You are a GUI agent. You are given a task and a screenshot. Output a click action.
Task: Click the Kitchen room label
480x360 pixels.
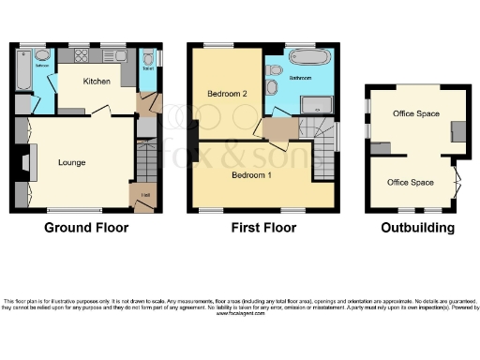tap(97, 82)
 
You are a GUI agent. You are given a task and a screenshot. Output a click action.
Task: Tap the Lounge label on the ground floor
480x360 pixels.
tap(71, 162)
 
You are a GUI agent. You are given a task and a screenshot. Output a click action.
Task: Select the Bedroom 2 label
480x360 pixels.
tap(226, 94)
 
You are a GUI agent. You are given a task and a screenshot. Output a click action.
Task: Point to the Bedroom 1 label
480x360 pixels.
tap(250, 175)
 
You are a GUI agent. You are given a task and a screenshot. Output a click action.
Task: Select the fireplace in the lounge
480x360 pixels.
tap(30, 162)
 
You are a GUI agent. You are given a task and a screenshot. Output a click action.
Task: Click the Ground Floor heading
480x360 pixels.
tap(85, 228)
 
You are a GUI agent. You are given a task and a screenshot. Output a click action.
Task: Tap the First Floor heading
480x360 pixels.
tap(262, 228)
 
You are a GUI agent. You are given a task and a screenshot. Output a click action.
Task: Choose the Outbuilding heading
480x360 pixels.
tap(417, 228)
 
